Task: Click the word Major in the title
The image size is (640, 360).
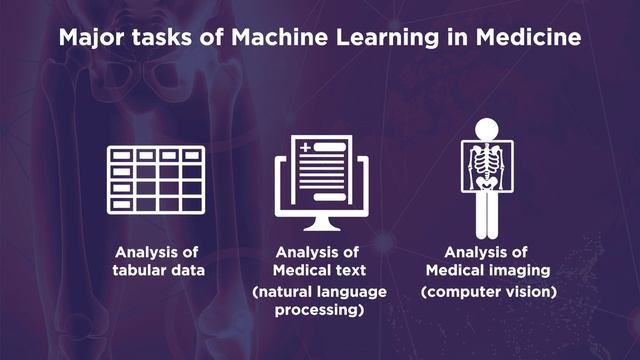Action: (91, 41)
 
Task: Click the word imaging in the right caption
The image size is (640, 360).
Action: (518, 269)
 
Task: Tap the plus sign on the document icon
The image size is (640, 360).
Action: (305, 148)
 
